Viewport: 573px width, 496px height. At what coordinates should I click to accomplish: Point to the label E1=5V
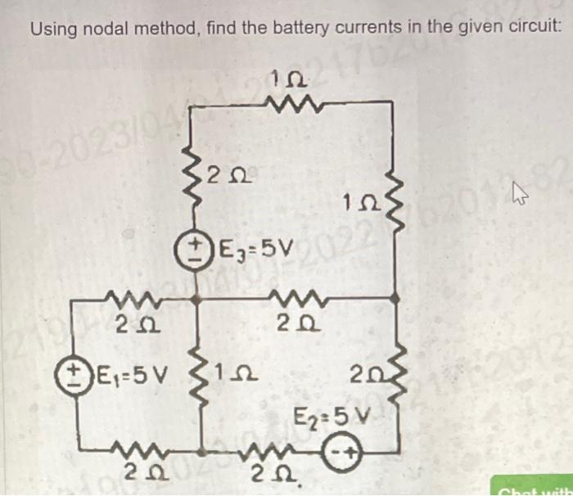127,378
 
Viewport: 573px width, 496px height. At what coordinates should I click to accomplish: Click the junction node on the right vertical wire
397,300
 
